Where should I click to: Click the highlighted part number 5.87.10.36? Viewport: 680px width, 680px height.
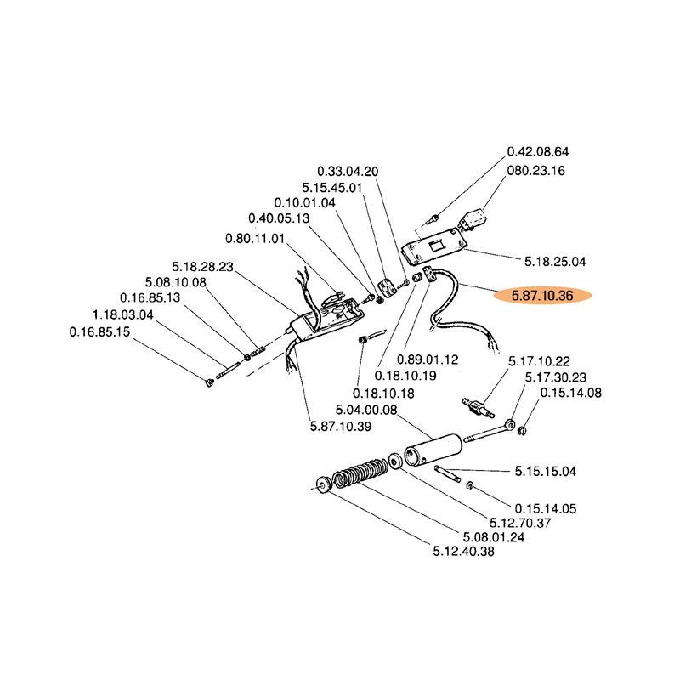click(x=543, y=296)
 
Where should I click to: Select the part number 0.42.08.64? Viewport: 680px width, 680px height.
click(x=538, y=151)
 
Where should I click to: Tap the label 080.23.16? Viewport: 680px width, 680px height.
click(x=536, y=170)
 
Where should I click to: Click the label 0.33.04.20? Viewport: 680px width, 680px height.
click(x=348, y=171)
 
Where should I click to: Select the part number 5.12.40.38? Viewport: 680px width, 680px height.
click(x=464, y=551)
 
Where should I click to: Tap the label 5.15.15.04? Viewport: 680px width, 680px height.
click(x=546, y=471)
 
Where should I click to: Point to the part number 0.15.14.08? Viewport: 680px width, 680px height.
click(x=571, y=393)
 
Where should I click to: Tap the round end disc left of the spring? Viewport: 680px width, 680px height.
click(x=324, y=486)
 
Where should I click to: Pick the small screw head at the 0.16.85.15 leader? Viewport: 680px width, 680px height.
click(x=208, y=381)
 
